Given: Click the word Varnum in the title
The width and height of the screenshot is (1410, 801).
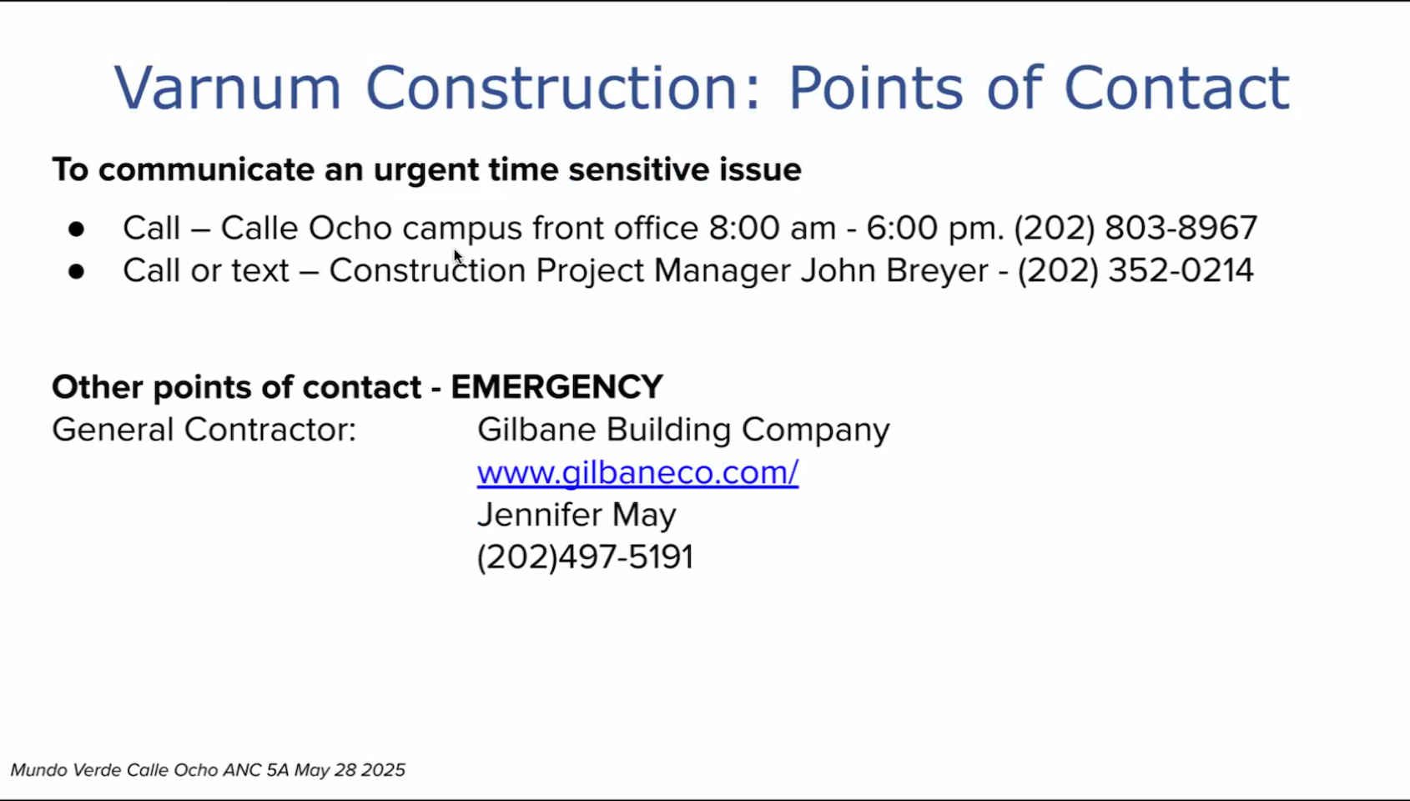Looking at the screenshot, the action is (227, 88).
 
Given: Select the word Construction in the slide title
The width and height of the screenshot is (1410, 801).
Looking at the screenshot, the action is (563, 88).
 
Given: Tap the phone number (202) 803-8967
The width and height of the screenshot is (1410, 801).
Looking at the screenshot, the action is (1135, 228).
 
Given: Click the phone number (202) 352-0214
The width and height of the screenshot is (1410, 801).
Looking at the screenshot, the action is (1136, 271).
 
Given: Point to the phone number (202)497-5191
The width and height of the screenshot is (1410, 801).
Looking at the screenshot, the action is (586, 557).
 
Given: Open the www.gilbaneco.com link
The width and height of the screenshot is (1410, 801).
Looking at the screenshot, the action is (637, 472).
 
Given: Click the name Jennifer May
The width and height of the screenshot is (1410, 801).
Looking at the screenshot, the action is (577, 515).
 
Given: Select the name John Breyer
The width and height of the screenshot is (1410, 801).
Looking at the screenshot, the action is (894, 271).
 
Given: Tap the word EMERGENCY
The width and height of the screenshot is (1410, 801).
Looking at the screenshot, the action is (556, 386).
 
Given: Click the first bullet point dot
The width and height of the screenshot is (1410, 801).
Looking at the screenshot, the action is (76, 229).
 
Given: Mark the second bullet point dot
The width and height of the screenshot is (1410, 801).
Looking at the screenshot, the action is (76, 271).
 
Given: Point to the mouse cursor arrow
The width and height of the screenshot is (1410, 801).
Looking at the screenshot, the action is (457, 257).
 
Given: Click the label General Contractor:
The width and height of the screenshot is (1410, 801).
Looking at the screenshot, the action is (204, 430).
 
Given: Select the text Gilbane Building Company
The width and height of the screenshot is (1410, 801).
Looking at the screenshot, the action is (683, 430).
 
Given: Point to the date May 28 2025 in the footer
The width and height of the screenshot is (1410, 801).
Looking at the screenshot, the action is (350, 770).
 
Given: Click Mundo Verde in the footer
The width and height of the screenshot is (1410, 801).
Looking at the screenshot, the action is (66, 770).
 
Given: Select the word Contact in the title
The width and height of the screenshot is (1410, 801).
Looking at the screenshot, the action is (1176, 88).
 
